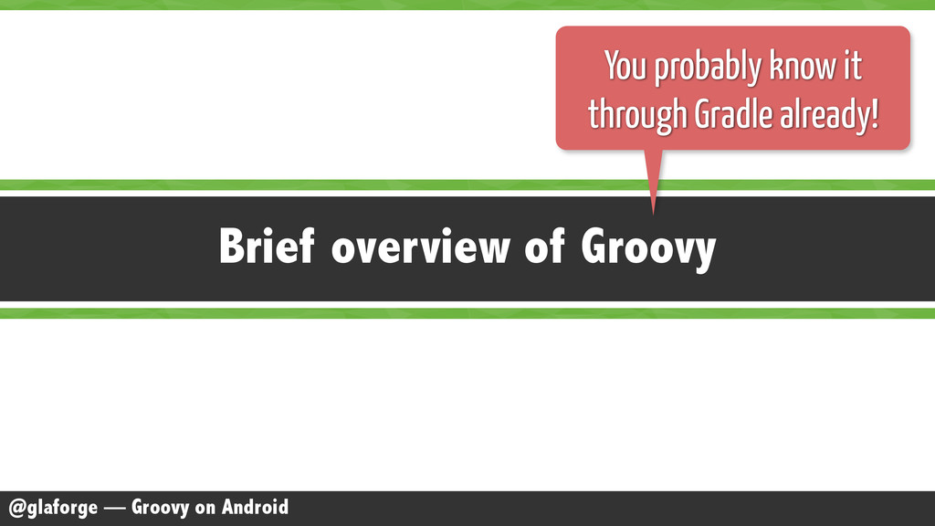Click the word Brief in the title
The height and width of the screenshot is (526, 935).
point(267,246)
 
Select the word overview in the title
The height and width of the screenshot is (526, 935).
point(420,246)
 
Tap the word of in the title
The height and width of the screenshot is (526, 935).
point(544,246)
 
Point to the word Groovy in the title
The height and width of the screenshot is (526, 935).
point(648,249)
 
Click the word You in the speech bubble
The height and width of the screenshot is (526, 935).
point(625,66)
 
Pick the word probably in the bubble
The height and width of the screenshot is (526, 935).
point(708,68)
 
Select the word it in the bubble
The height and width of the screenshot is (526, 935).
point(852,66)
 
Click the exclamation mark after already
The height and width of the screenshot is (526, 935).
point(875,113)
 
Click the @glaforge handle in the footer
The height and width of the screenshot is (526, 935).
point(53,508)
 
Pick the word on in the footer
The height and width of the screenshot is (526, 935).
point(205,510)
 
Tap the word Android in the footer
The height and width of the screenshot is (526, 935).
point(256,507)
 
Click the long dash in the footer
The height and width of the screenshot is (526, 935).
point(114,508)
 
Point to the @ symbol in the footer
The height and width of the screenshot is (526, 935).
point(16,508)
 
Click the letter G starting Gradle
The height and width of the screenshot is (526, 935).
point(703,113)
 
